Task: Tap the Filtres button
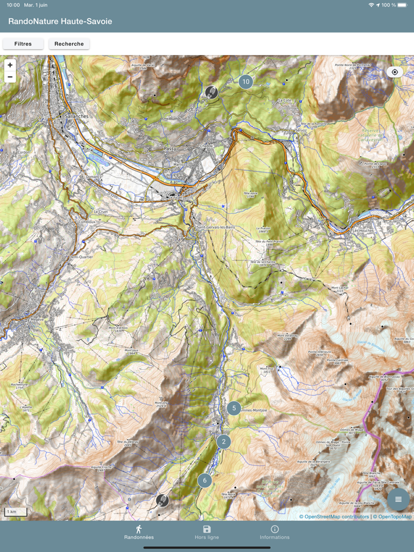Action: point(23,44)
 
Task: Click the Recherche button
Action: point(69,44)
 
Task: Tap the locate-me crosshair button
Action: point(394,72)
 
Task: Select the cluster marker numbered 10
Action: point(245,82)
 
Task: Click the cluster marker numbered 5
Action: point(234,408)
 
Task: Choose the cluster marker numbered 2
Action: point(224,441)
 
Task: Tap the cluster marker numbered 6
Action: point(205,480)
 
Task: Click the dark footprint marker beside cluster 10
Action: point(211,92)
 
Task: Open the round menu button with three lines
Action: point(398,499)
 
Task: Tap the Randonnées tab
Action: point(139,532)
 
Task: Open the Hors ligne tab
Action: point(206,532)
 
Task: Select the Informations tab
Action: point(274,532)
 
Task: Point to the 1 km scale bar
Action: point(15,512)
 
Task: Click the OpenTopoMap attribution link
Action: point(394,517)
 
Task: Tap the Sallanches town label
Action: point(74,117)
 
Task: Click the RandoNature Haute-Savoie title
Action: point(60,21)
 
